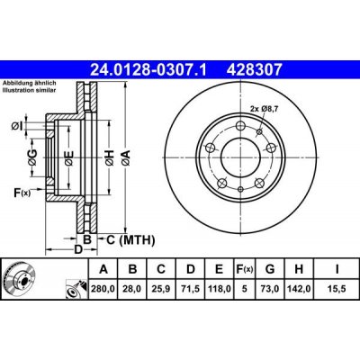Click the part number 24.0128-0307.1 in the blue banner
148,69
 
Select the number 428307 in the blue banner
254,69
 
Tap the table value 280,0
103,289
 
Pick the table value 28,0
132,289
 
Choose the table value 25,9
161,289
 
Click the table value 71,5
190,289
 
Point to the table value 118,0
219,289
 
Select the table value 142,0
299,289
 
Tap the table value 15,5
337,289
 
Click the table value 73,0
270,289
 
